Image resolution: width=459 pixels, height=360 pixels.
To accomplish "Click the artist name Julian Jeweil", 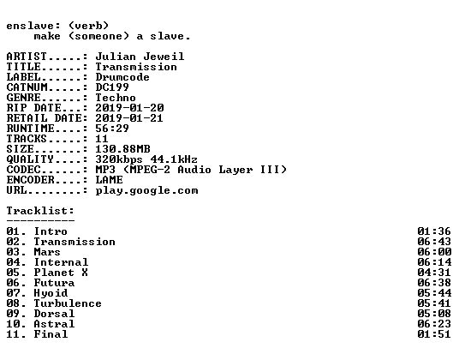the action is (x=140, y=57).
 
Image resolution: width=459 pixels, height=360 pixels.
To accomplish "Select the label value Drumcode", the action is (x=122, y=77).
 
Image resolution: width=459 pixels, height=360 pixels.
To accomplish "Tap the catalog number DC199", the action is (x=112, y=87).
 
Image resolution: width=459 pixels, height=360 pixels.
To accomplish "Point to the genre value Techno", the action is (x=116, y=98).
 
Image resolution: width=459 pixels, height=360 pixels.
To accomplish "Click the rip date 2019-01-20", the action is (x=129, y=108).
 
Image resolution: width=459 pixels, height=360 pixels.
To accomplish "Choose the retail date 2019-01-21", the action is (x=129, y=118).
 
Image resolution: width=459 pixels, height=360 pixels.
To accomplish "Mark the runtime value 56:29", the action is (x=112, y=129).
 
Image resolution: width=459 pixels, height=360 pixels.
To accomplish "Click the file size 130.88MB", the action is (x=122, y=149).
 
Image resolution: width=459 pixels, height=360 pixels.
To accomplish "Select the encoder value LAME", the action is (x=110, y=180).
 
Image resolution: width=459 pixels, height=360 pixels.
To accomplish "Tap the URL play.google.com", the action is (x=146, y=190).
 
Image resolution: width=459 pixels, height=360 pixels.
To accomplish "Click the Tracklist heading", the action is (x=40, y=211).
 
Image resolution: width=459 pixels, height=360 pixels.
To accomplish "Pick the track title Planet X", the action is (x=61, y=273).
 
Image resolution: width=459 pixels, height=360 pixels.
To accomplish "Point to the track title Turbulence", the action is (x=68, y=303).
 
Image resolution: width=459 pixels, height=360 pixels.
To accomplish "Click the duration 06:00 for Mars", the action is (x=434, y=252).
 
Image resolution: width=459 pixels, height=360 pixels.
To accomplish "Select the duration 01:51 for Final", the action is (x=434, y=334).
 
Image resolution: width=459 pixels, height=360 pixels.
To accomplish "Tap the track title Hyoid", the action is (x=51, y=293).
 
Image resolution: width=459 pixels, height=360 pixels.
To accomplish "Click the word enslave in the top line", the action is (x=30, y=26).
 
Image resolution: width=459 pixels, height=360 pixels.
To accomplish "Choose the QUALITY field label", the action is (x=30, y=159).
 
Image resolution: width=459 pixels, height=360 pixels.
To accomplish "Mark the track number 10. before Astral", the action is (x=16, y=324).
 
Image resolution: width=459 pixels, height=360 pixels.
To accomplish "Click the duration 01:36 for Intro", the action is (x=434, y=231).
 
